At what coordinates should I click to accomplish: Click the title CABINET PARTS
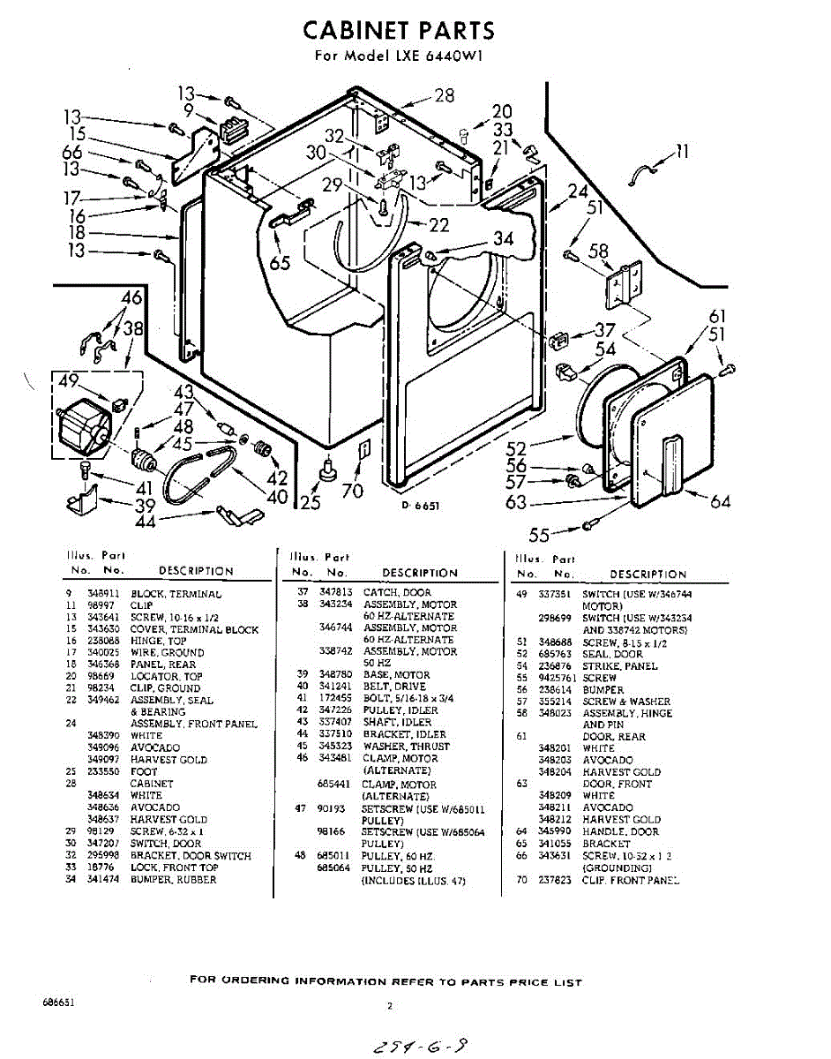point(399,30)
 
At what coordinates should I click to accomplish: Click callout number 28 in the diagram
point(445,95)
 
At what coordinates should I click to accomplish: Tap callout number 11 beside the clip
point(681,152)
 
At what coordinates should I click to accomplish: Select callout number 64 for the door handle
point(720,501)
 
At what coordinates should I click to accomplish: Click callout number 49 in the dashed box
point(67,381)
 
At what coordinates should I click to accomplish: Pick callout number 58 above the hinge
point(599,252)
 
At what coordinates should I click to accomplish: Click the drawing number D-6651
point(421,506)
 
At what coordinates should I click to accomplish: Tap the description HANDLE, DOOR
point(620,831)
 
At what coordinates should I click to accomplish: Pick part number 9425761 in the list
point(555,678)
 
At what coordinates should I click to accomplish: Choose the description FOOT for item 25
point(144,771)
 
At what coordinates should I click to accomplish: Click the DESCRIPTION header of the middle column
point(420,573)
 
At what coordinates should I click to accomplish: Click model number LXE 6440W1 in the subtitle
point(437,56)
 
